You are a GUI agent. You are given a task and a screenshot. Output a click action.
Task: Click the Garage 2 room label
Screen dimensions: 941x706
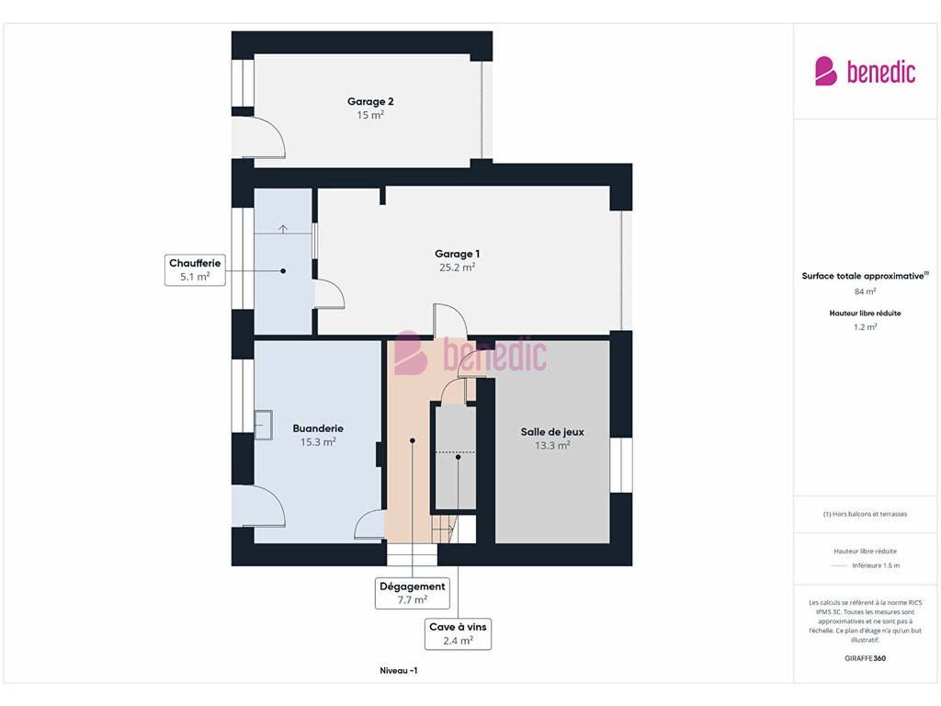click(x=370, y=101)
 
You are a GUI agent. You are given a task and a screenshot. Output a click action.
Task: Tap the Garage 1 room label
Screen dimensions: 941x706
click(x=458, y=254)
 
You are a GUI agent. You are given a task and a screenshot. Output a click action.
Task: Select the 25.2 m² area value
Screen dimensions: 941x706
click(x=458, y=268)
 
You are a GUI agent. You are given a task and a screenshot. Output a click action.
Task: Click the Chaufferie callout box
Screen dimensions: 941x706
click(x=195, y=270)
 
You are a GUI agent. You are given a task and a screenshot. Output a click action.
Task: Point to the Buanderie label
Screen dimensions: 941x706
click(x=318, y=428)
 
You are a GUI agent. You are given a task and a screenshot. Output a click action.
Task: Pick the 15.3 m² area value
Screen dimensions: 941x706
click(x=318, y=442)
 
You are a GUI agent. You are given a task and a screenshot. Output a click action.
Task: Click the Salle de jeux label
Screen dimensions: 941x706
click(x=552, y=432)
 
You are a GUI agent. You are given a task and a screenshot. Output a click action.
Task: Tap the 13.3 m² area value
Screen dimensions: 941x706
click(x=552, y=446)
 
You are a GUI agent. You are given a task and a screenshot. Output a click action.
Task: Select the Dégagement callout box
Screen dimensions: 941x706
click(x=413, y=593)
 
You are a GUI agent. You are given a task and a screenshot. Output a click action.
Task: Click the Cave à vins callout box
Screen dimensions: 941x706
click(x=458, y=634)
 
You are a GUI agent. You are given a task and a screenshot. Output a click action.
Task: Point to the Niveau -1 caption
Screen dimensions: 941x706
click(x=399, y=670)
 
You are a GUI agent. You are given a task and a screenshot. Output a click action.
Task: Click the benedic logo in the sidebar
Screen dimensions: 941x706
click(x=865, y=72)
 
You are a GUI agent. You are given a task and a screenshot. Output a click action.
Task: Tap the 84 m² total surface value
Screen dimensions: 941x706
click(x=865, y=291)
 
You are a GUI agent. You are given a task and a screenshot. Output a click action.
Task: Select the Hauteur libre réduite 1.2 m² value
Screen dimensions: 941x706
click(x=865, y=327)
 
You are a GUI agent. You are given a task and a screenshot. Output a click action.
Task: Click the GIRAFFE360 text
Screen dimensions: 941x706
click(x=865, y=658)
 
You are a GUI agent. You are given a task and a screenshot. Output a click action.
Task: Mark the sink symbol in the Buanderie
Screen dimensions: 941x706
click(x=264, y=425)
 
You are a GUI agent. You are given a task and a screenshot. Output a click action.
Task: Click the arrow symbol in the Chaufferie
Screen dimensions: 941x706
click(x=283, y=229)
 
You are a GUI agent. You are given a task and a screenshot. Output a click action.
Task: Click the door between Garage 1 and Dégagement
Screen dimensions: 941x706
click(x=450, y=320)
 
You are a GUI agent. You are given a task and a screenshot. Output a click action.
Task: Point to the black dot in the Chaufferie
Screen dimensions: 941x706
click(x=283, y=271)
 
